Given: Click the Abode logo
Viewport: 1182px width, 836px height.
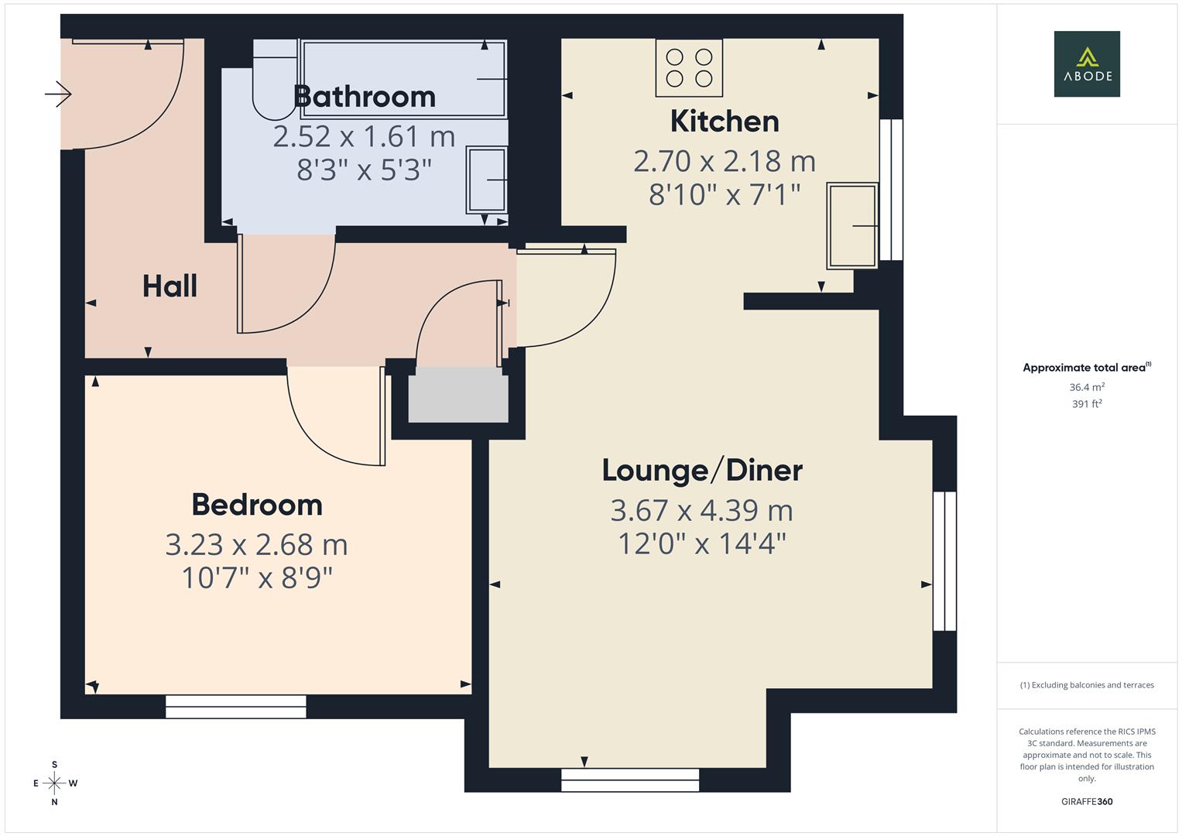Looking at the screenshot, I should pyautogui.click(x=1086, y=63).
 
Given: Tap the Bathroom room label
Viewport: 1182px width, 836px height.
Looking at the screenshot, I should pyautogui.click(x=365, y=97).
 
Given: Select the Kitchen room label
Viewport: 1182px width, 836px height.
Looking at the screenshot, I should pyautogui.click(x=724, y=122).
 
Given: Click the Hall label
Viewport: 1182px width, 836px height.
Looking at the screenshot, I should pyautogui.click(x=170, y=286).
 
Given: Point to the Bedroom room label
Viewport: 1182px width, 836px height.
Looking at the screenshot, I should pyautogui.click(x=257, y=505).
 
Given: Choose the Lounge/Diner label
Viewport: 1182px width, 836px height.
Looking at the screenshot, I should pyautogui.click(x=702, y=470).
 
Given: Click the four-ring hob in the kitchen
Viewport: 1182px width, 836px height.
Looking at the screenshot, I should pyautogui.click(x=689, y=68).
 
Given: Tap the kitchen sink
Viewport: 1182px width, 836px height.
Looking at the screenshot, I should pyautogui.click(x=852, y=225).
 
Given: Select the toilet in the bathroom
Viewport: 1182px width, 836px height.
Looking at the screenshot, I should pyautogui.click(x=274, y=81).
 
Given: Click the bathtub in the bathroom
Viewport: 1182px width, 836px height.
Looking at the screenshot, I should pyautogui.click(x=404, y=79).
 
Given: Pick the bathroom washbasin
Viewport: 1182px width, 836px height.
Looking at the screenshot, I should pyautogui.click(x=486, y=180).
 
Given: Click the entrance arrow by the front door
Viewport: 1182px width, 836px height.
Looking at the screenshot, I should pyautogui.click(x=59, y=94).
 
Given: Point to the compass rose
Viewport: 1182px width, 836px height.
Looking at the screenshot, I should pyautogui.click(x=54, y=783).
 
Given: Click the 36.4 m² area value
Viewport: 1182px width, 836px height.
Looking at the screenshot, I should pyautogui.click(x=1086, y=387).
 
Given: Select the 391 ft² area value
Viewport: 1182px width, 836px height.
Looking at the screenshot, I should pyautogui.click(x=1086, y=404).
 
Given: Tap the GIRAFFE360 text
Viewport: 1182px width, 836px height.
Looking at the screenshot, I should pyautogui.click(x=1086, y=801).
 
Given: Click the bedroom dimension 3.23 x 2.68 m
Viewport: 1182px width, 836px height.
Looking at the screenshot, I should pyautogui.click(x=257, y=545).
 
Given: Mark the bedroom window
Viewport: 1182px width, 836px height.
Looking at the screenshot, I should pyautogui.click(x=235, y=706).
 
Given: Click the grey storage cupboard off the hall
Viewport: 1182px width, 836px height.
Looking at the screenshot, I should pyautogui.click(x=458, y=395).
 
